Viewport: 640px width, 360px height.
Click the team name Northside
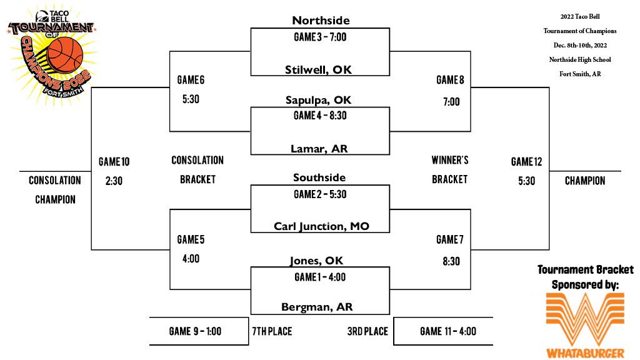319,20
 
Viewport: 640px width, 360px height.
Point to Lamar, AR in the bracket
319,148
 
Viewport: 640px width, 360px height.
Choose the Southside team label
319,177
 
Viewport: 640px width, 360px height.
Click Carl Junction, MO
321,226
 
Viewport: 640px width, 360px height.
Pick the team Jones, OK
316,260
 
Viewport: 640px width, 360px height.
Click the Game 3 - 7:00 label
320,37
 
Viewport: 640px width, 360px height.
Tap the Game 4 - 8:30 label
320,116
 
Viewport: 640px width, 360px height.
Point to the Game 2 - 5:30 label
320,194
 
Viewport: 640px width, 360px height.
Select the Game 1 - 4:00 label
320,277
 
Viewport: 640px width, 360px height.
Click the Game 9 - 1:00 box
195,331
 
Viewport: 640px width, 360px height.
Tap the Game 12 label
526,162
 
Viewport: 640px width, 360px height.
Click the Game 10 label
114,162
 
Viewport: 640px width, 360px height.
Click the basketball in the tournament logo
64,54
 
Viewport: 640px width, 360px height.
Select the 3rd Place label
367,331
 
